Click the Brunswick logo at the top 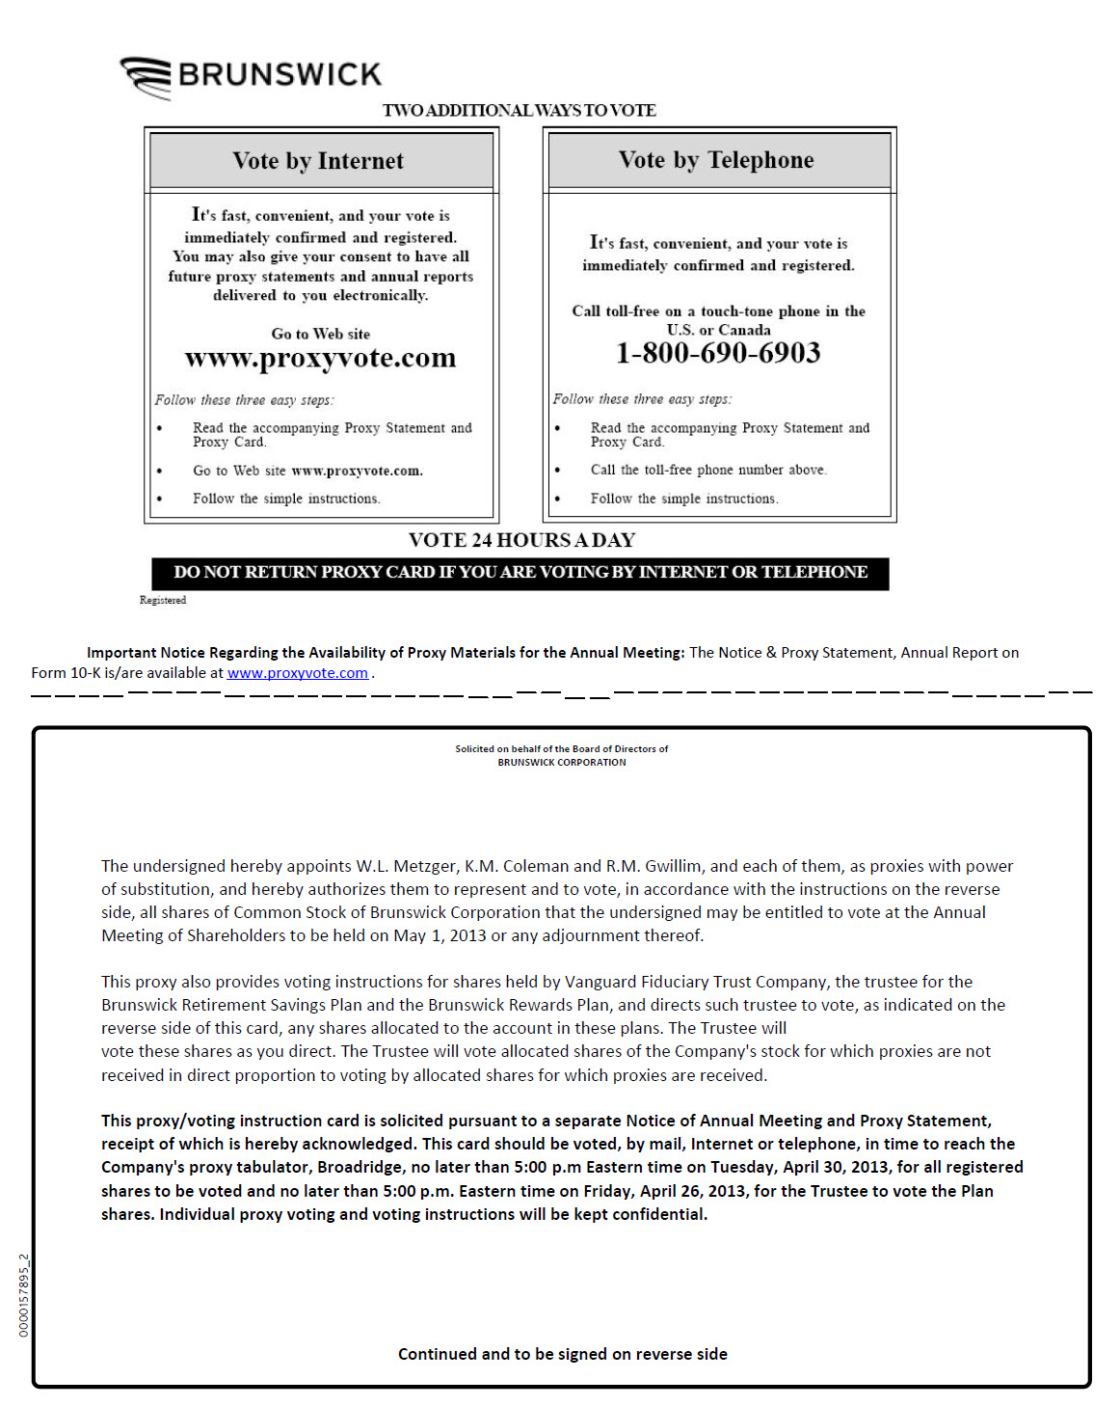pos(251,75)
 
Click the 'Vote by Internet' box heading pos(318,161)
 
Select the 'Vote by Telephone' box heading pos(716,160)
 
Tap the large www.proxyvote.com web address pos(320,358)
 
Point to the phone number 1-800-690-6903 pos(718,353)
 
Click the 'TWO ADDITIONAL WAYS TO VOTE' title pos(519,110)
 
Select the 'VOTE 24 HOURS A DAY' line pos(521,540)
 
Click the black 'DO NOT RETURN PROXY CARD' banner pos(520,573)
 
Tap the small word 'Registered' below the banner pos(163,600)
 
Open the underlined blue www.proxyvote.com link pos(297,673)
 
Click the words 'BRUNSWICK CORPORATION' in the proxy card pos(561,762)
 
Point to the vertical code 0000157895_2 pos(24,1295)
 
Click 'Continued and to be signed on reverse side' pos(562,1354)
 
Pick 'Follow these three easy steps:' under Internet pos(244,400)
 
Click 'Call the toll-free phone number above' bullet pos(708,470)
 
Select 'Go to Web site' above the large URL pos(320,334)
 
